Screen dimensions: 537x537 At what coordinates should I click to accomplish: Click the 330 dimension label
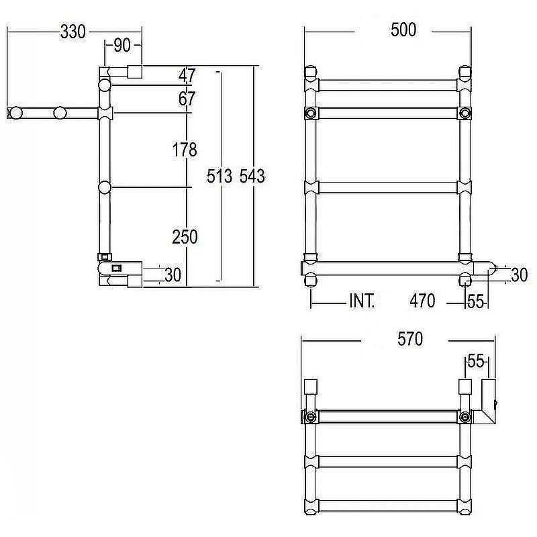[72, 32]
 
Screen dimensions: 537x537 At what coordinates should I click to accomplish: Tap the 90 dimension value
[122, 45]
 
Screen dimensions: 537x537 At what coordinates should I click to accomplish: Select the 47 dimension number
[187, 75]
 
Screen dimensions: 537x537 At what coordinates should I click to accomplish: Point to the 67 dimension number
[187, 99]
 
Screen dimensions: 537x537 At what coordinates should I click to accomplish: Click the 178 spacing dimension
[185, 150]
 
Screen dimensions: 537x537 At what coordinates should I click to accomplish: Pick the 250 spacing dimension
[185, 237]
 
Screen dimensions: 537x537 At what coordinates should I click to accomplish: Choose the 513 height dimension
[219, 176]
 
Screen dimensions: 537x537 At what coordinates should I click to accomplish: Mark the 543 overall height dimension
[252, 176]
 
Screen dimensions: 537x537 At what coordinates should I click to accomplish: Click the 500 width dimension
[403, 30]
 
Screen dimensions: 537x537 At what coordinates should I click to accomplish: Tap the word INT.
[362, 301]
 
